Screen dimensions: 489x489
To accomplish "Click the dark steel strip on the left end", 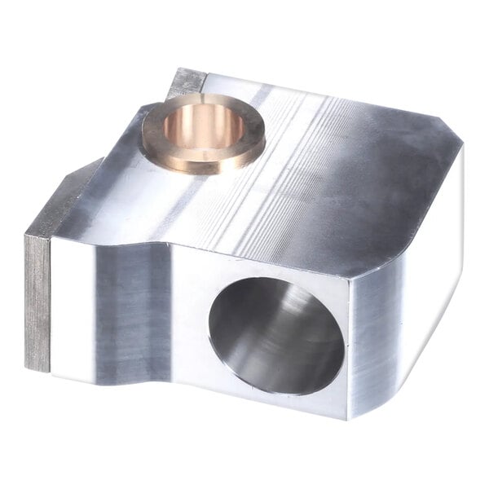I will pos(37,302).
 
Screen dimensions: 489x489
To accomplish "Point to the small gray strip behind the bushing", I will pos(188,81).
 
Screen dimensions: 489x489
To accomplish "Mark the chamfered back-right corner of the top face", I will pos(448,134).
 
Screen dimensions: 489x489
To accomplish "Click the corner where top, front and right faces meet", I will pos(350,277).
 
